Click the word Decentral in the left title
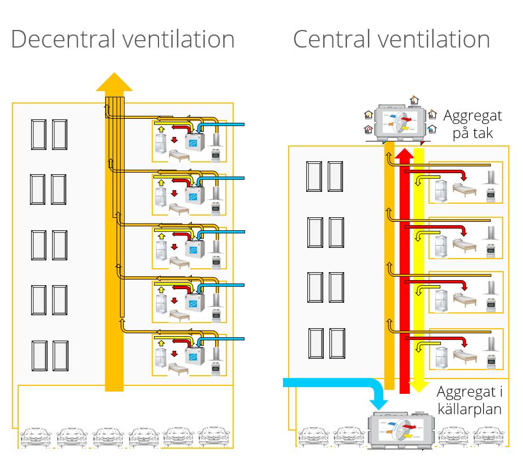pos(62,40)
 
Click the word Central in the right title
pos(329,40)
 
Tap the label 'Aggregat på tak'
pos(472,124)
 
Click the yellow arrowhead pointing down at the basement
pos(419,386)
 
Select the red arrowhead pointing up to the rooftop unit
pos(404,154)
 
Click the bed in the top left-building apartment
pos(179,156)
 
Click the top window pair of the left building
pos(49,134)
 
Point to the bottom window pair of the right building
pos(326,343)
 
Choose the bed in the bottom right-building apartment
pos(464,356)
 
